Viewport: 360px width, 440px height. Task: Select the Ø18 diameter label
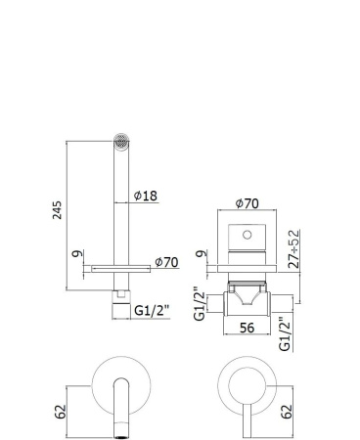point(145,196)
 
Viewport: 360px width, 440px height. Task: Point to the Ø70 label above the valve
point(249,205)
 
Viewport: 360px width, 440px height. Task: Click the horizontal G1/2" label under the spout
point(151,310)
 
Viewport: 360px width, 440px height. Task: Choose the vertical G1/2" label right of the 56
point(285,332)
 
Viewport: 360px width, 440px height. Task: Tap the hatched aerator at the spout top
point(121,139)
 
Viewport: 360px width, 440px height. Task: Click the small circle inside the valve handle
point(248,236)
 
